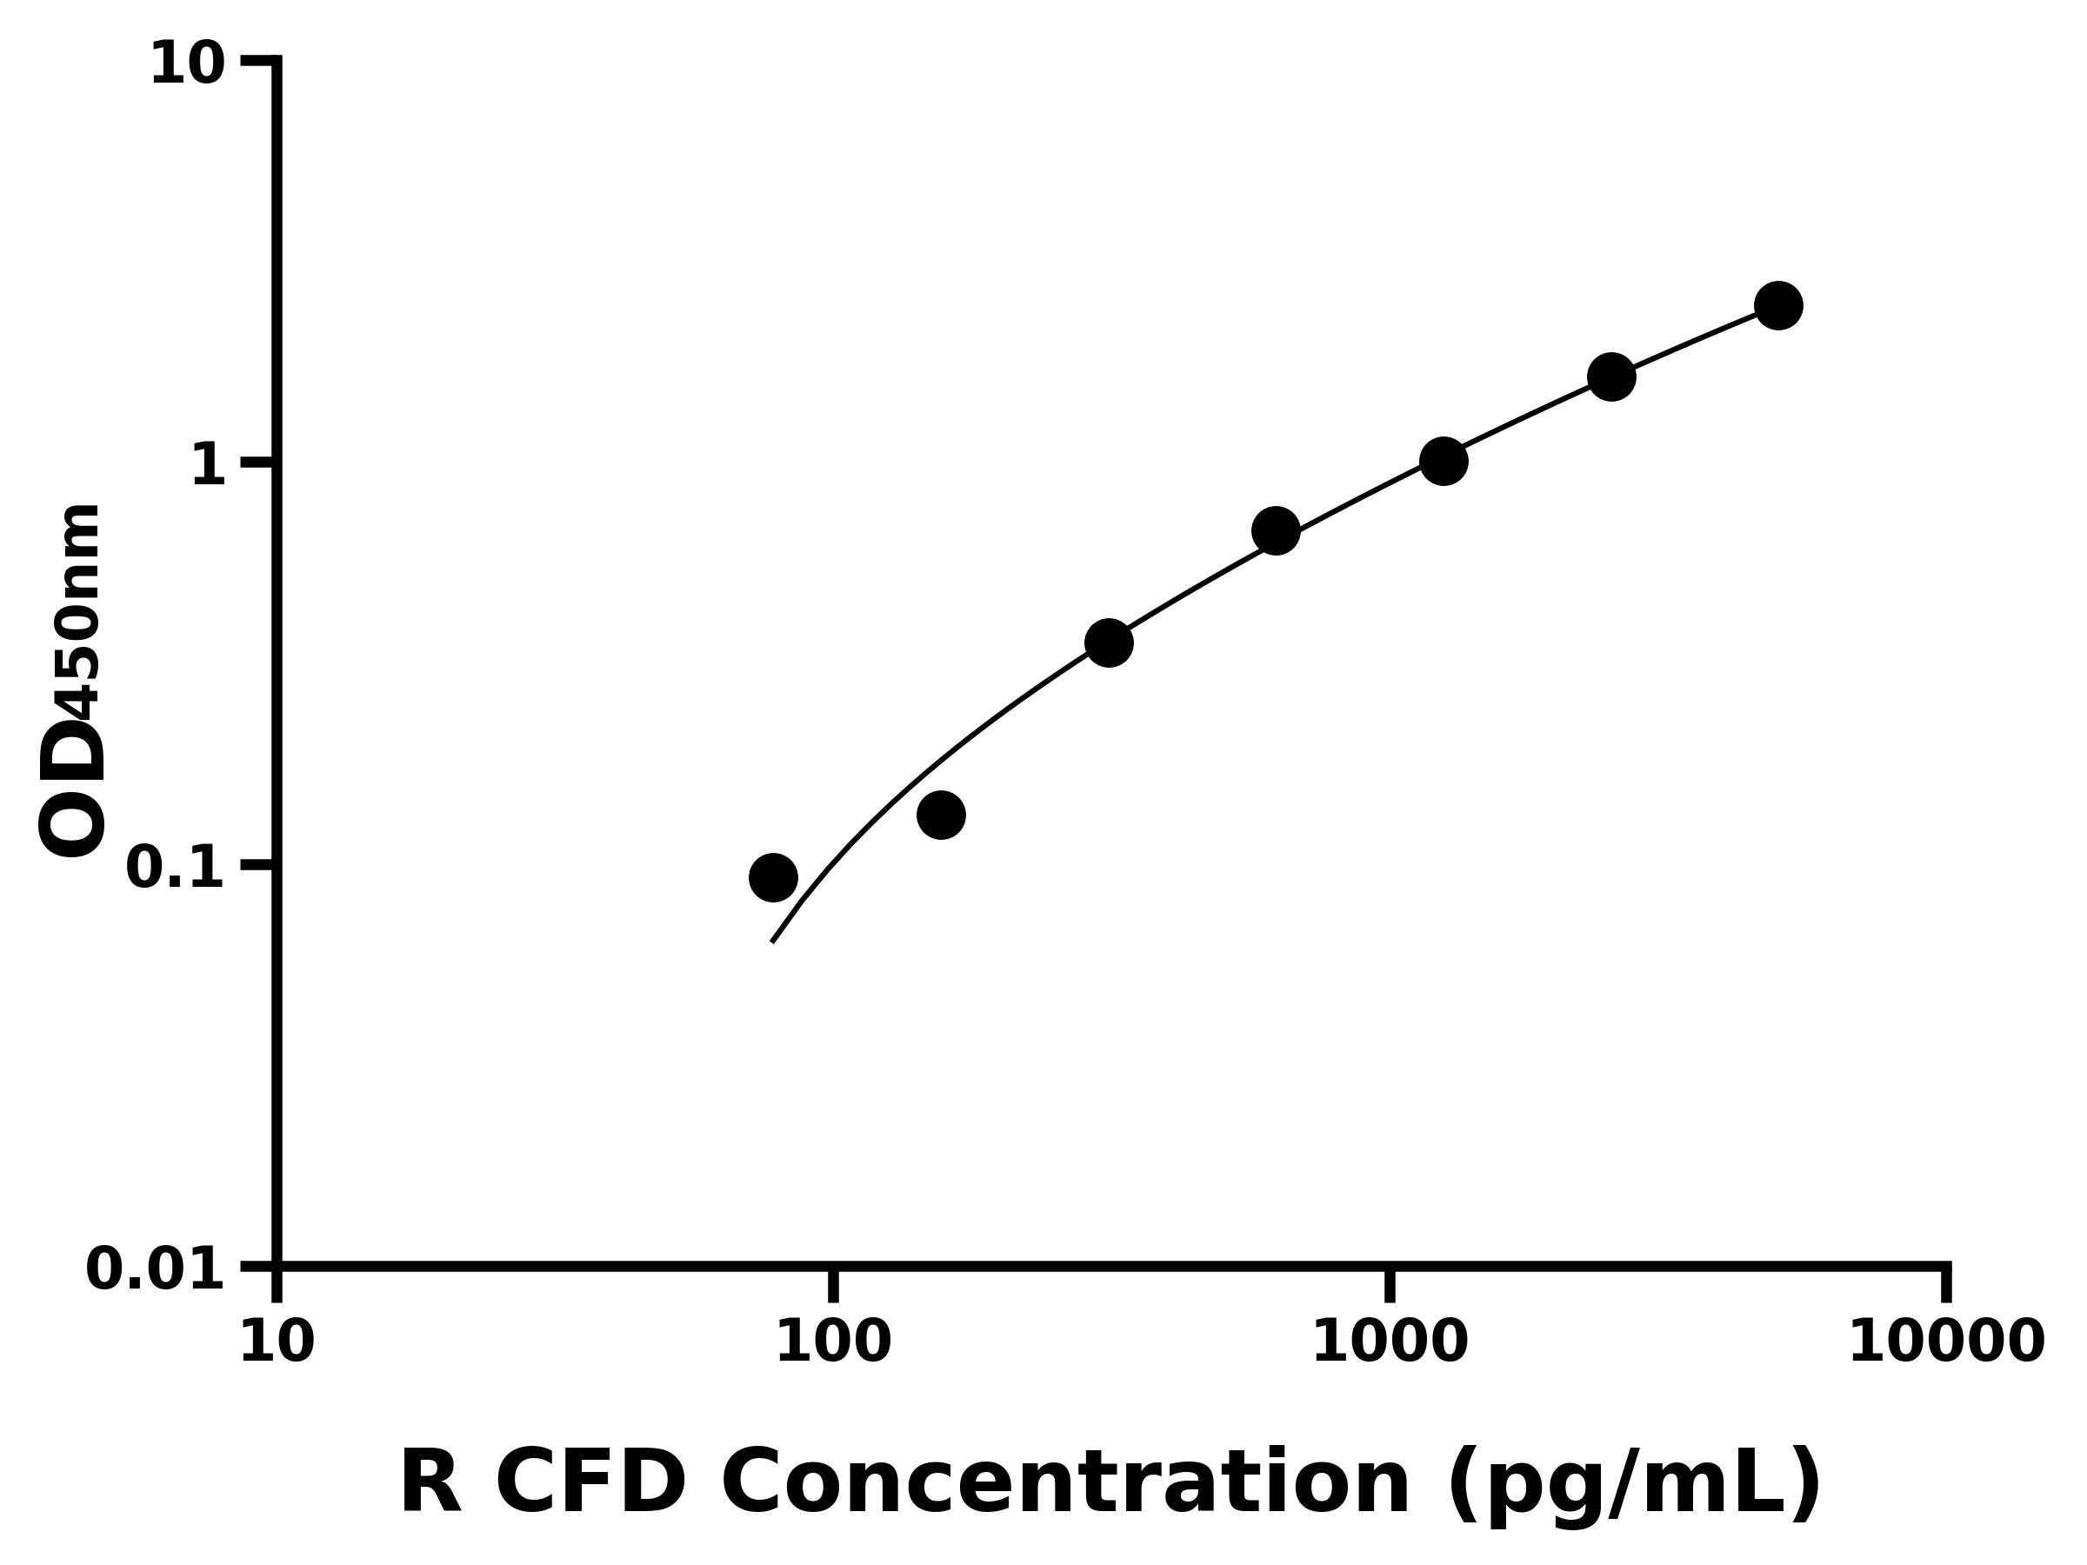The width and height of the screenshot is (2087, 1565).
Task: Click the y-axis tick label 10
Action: point(188,66)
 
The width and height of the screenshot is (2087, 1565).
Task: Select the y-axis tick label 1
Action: point(209,466)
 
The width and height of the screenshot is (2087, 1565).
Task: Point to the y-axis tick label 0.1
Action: point(176,868)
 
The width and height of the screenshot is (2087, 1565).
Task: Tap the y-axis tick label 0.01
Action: point(156,1269)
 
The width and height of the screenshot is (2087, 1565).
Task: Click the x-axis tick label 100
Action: point(833,1342)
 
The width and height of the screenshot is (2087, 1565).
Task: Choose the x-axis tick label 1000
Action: point(1390,1342)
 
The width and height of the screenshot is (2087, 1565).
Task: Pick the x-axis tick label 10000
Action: point(1946,1342)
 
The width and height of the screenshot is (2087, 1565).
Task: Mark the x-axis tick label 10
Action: point(277,1342)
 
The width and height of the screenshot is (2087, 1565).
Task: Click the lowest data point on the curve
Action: point(773,878)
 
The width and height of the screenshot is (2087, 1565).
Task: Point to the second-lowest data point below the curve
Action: point(941,815)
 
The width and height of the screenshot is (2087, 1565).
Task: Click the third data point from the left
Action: point(1109,643)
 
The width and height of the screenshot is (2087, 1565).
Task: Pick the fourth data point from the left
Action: point(1276,531)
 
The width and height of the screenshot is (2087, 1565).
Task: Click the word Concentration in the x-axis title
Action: point(1065,1484)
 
